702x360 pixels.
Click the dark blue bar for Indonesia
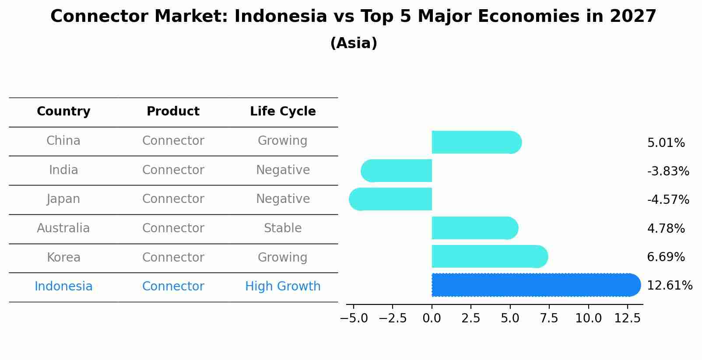click(x=534, y=285)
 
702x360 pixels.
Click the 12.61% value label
click(x=669, y=286)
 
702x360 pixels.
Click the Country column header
click(x=63, y=112)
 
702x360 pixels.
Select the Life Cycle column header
click(x=283, y=112)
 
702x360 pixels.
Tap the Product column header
click(x=173, y=112)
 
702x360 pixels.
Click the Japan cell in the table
click(x=63, y=199)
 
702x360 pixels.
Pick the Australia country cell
click(x=63, y=228)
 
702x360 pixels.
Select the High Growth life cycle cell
click(x=283, y=287)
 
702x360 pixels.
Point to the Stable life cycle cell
click(x=283, y=228)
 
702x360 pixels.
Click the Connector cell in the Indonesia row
click(x=173, y=287)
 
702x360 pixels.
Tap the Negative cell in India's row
click(x=283, y=170)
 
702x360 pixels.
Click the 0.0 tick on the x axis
click(x=432, y=318)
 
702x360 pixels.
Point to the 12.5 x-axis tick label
click(x=628, y=318)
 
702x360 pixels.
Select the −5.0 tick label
click(x=354, y=318)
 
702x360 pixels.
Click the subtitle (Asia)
click(x=354, y=43)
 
